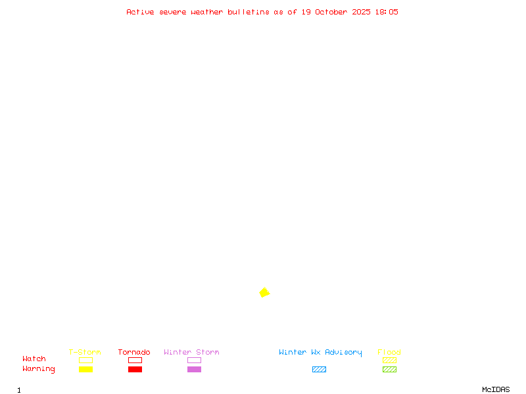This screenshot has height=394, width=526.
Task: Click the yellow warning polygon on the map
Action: pos(264,292)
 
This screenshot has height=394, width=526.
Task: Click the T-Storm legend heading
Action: pos(85,352)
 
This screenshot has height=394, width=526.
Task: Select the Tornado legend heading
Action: pos(134,352)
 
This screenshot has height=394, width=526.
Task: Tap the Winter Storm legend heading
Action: pos(191,352)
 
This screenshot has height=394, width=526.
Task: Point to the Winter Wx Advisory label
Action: pos(320,353)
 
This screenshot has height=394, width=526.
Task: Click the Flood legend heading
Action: pos(389,352)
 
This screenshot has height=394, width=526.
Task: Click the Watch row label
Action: pos(34,359)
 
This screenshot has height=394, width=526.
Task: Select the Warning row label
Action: pos(39,369)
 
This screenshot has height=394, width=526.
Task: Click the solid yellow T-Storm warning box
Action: pos(86,369)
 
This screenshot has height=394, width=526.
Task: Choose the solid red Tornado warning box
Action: pos(135,369)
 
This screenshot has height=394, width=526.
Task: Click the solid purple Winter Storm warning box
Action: pos(194,369)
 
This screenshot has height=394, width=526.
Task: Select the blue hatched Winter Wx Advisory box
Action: pos(319,369)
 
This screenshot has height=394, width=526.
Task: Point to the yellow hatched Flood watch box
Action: pos(389,360)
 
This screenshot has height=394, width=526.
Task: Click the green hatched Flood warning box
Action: pos(389,369)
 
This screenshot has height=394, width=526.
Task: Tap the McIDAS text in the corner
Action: pos(496,389)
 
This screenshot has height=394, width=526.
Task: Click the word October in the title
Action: pos(331,12)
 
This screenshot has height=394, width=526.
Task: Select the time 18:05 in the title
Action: pos(387,12)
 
